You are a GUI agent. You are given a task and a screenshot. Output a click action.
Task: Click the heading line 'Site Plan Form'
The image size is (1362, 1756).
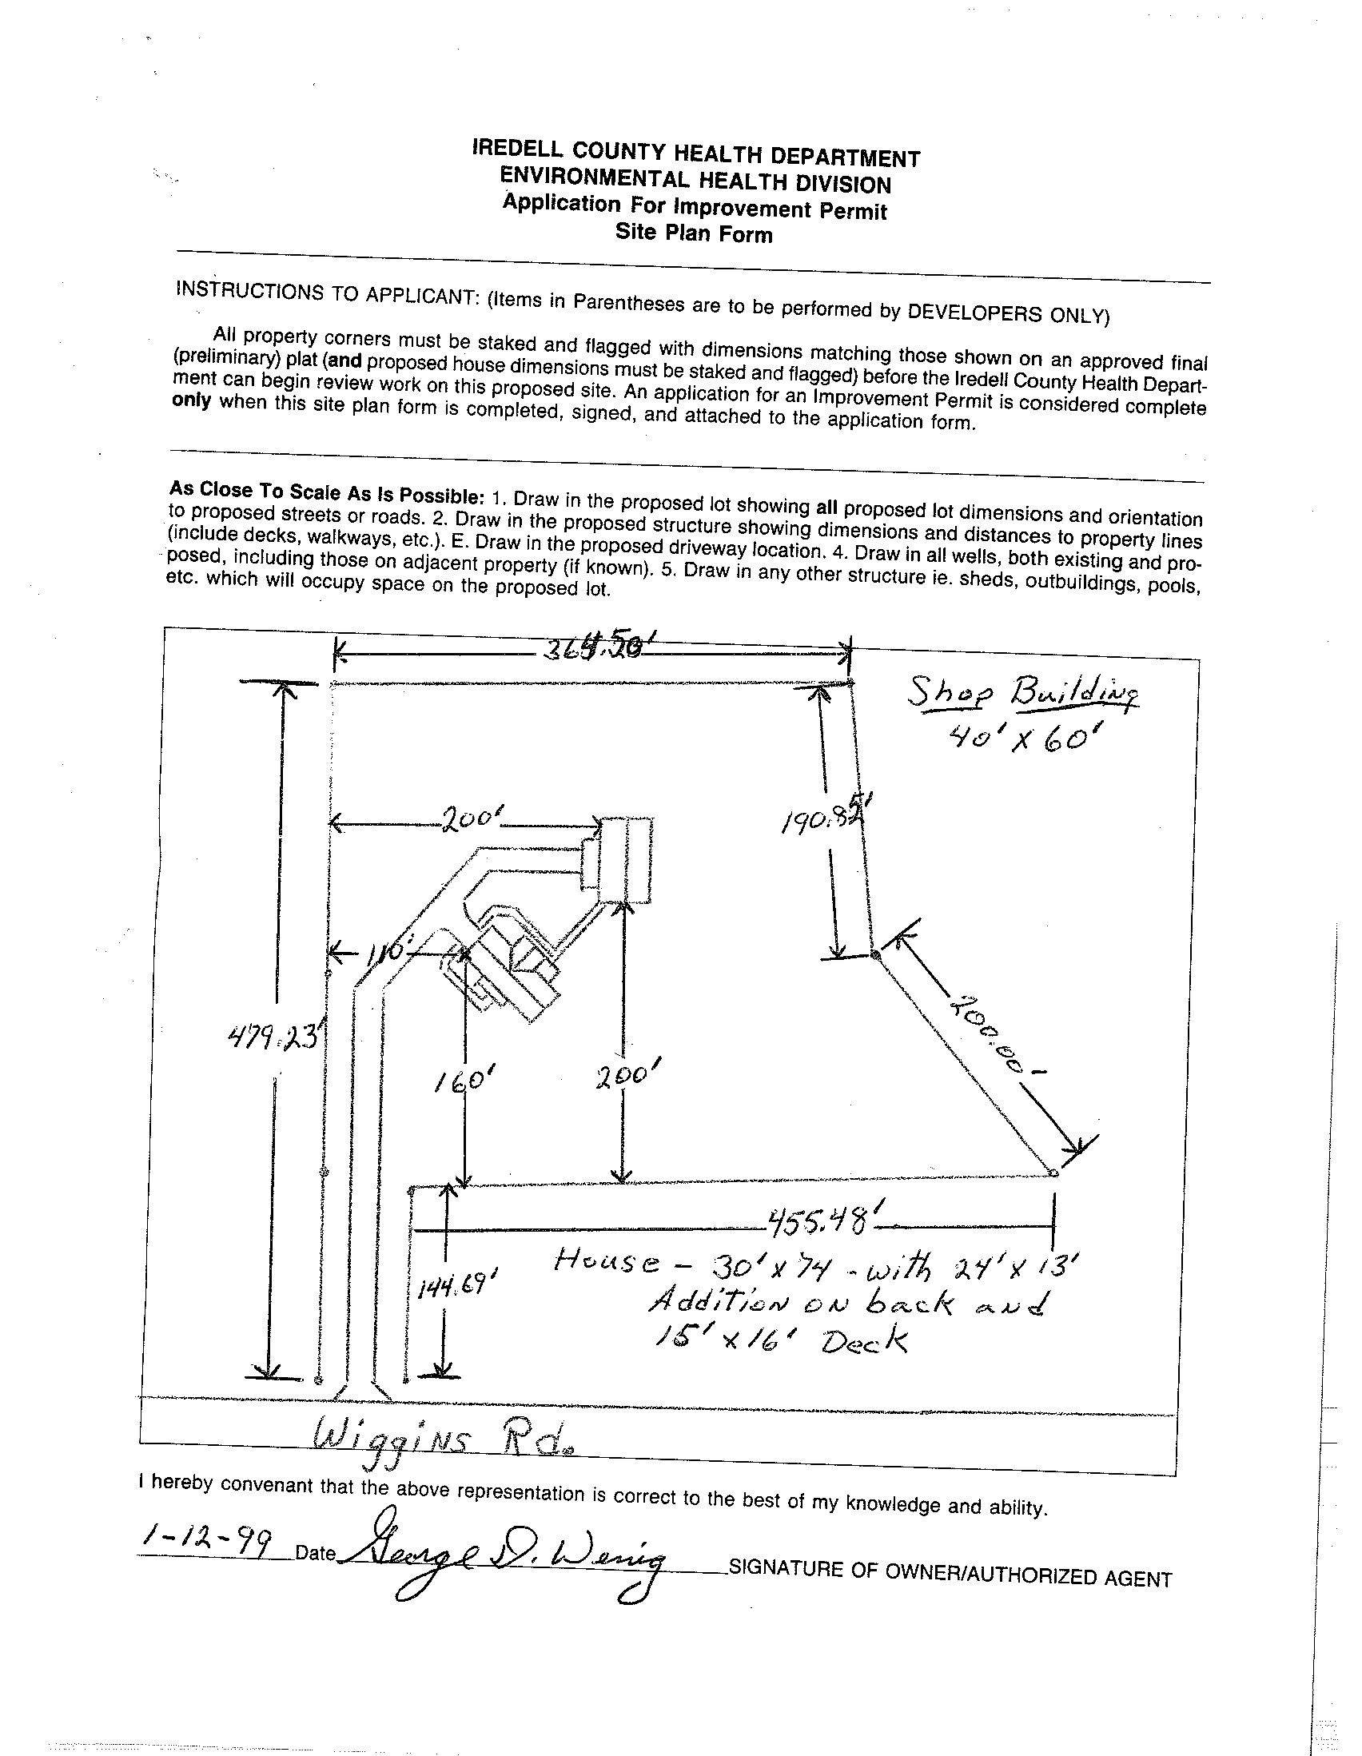tap(694, 234)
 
